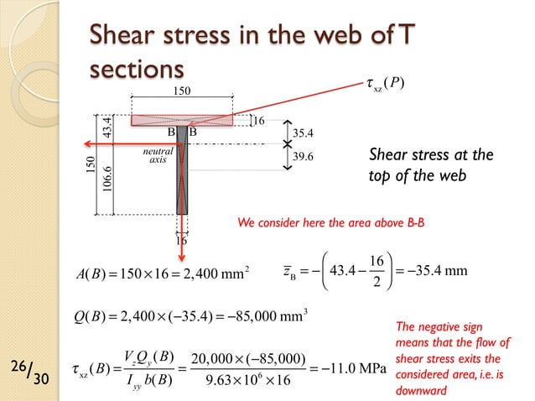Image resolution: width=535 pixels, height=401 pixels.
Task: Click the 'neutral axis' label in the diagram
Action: tap(158, 155)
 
